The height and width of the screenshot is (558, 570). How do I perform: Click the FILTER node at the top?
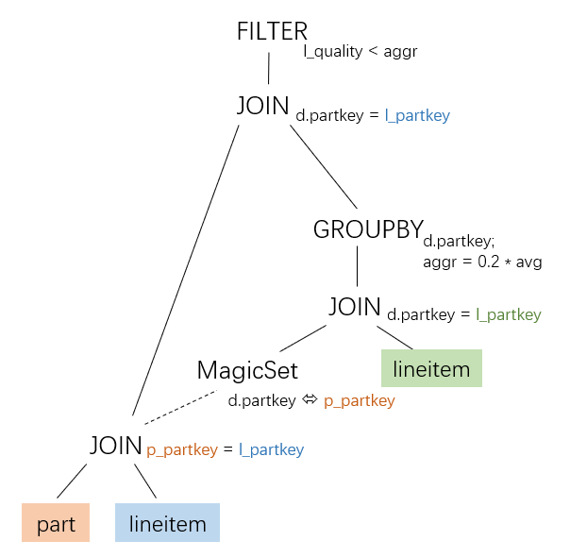point(272,31)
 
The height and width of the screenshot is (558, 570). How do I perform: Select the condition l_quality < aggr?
point(360,52)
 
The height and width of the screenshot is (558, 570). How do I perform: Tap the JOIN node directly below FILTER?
point(262,106)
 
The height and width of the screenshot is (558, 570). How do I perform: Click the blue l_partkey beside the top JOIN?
point(417,116)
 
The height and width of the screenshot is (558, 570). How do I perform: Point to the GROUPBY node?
point(367,228)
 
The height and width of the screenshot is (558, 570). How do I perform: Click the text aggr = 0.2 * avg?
point(482,262)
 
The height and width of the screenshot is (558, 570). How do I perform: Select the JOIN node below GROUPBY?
point(354,306)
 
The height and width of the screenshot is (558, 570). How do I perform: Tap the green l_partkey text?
point(509,315)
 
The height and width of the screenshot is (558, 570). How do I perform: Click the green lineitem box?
point(431,369)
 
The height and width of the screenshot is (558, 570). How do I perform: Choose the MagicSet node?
point(247,370)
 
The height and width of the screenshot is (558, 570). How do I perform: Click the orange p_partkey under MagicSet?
point(359,401)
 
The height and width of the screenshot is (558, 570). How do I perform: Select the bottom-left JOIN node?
point(116,445)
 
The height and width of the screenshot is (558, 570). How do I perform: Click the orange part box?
point(56,524)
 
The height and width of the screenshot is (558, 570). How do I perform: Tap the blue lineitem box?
point(167,524)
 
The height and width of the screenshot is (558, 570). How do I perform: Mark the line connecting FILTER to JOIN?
point(269,69)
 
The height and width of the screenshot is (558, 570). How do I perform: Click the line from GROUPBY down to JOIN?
point(357,266)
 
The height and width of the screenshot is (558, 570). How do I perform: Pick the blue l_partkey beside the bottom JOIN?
point(271,450)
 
